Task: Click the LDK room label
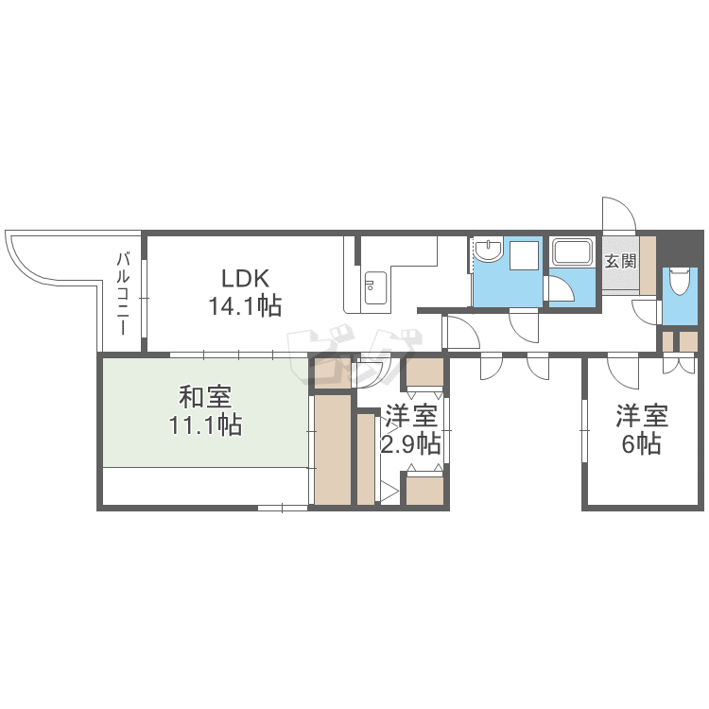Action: pyautogui.click(x=245, y=278)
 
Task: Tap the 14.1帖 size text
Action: pyautogui.click(x=245, y=306)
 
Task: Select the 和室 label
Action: pyautogui.click(x=205, y=396)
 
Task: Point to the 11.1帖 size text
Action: pyautogui.click(x=205, y=425)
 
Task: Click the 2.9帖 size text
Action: pyautogui.click(x=410, y=443)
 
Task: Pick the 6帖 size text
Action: pyautogui.click(x=642, y=443)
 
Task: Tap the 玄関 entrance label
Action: pyautogui.click(x=620, y=261)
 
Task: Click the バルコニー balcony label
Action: pyautogui.click(x=123, y=294)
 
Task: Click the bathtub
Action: pyautogui.click(x=572, y=252)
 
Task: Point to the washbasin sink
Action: pyautogui.click(x=489, y=251)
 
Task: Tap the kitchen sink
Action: pyautogui.click(x=375, y=288)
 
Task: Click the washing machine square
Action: pyautogui.click(x=524, y=255)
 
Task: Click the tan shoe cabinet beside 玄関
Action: pyautogui.click(x=648, y=266)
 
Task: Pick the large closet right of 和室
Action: pyautogui.click(x=333, y=449)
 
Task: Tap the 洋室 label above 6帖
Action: pyautogui.click(x=642, y=416)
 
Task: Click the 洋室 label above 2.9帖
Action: pyautogui.click(x=410, y=416)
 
